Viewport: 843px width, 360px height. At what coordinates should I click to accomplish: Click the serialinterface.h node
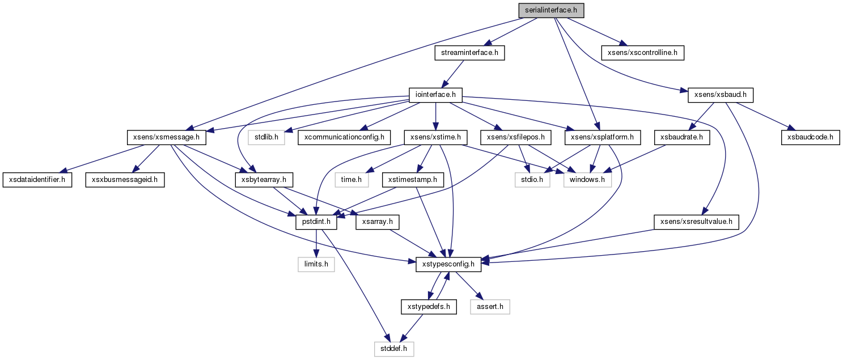pyautogui.click(x=551, y=10)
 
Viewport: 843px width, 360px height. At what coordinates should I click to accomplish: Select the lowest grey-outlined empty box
pyautogui.click(x=394, y=349)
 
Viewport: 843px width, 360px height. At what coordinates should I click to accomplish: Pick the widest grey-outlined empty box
pyautogui.click(x=587, y=180)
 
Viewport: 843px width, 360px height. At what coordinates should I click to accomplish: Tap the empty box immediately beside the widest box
pyautogui.click(x=532, y=180)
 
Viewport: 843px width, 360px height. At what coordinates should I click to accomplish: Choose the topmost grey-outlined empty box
pyautogui.click(x=266, y=137)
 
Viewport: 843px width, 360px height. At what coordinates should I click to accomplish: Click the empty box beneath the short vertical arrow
pyautogui.click(x=316, y=264)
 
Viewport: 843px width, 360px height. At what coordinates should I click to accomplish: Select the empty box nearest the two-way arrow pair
pyautogui.click(x=490, y=307)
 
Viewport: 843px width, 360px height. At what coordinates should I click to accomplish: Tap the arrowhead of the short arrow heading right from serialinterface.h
pyautogui.click(x=624, y=44)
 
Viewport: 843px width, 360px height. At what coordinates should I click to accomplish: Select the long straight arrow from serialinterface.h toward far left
pyautogui.click(x=351, y=74)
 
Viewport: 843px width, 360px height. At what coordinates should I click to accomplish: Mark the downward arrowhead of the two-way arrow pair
pyautogui.click(x=430, y=295)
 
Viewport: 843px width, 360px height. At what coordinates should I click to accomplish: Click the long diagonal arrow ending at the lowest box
pyautogui.click(x=354, y=283)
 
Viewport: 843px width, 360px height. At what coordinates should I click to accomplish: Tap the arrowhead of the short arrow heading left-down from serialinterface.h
pyautogui.click(x=487, y=43)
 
